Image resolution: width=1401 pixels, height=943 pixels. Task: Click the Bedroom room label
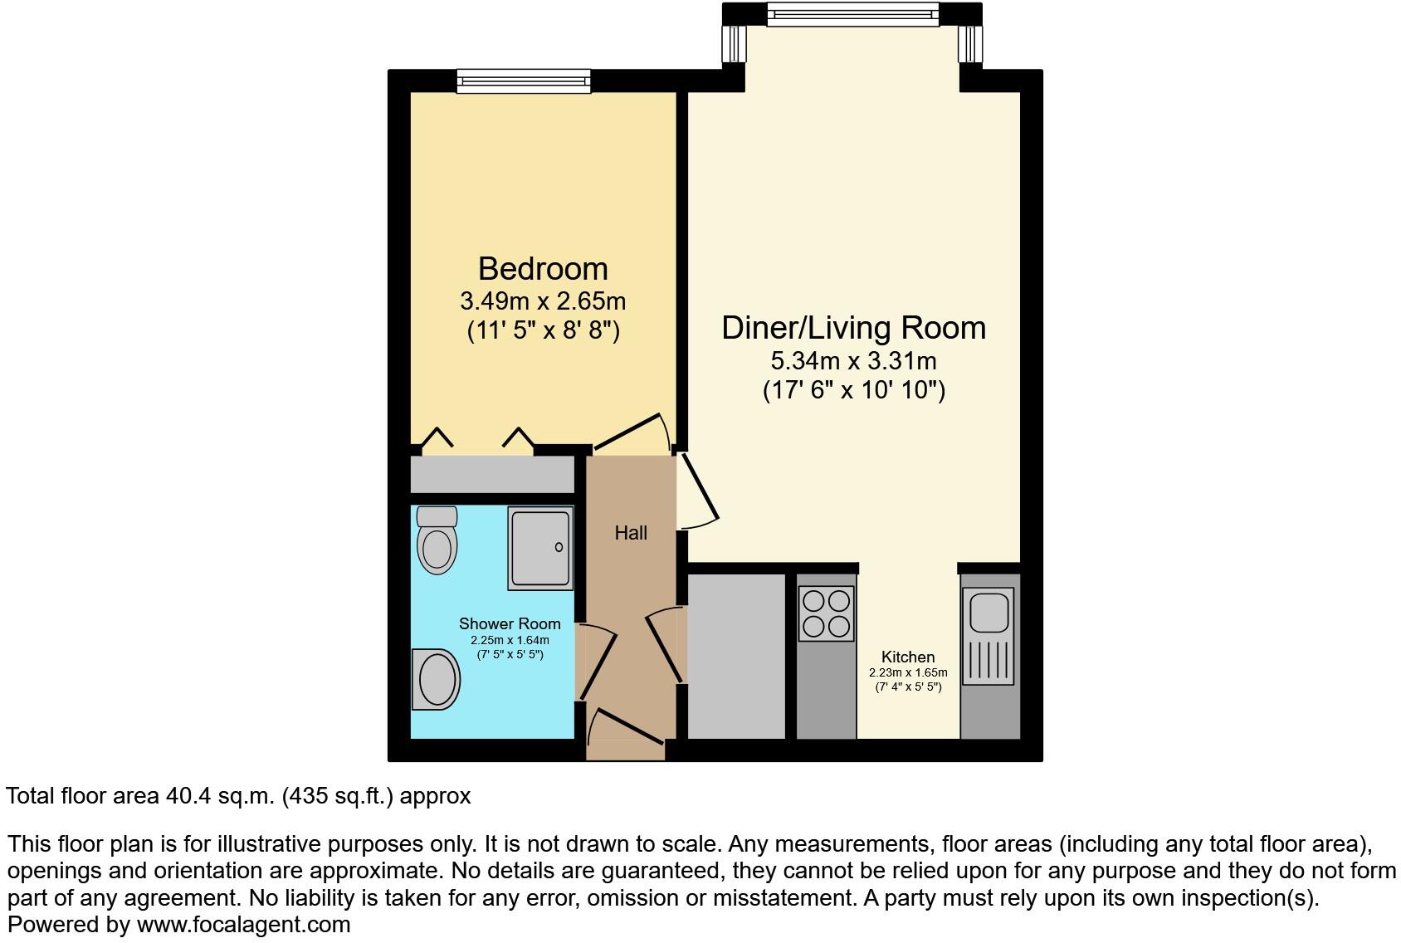tap(543, 269)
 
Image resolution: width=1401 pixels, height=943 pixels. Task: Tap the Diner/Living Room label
tap(853, 328)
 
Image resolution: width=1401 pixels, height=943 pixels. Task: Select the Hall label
tap(631, 533)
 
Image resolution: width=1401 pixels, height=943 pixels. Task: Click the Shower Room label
tap(510, 623)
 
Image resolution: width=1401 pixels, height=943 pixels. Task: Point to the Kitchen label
tap(908, 657)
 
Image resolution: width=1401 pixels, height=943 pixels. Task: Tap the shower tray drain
tap(559, 547)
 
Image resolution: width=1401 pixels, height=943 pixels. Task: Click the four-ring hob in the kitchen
tap(826, 613)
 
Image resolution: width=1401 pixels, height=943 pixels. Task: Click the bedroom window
tap(524, 81)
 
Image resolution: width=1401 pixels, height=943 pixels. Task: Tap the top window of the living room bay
tap(852, 13)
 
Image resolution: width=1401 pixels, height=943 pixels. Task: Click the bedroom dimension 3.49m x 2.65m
tap(543, 300)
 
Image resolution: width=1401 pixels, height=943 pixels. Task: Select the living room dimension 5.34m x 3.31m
tap(853, 361)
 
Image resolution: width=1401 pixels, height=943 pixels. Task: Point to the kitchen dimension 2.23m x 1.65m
tap(908, 673)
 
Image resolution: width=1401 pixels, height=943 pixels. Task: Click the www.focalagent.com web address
tap(243, 924)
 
